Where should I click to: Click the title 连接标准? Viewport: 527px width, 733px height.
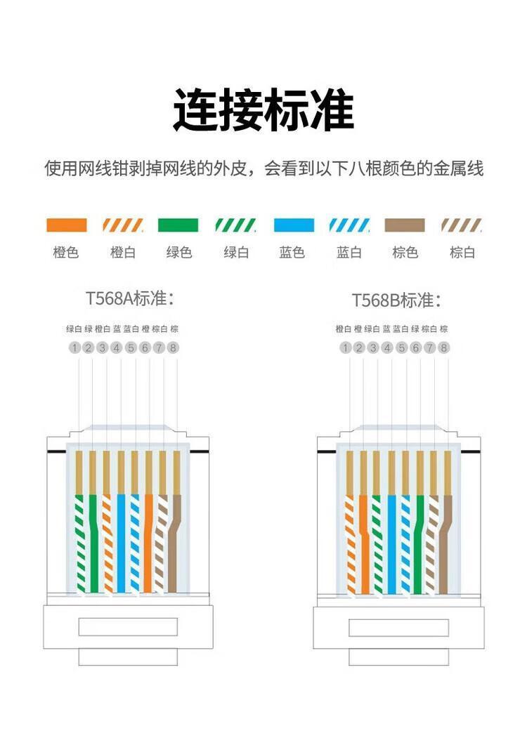tap(263, 110)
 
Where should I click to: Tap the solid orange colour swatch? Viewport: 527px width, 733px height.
tap(67, 225)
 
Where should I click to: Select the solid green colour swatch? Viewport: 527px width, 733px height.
tap(178, 225)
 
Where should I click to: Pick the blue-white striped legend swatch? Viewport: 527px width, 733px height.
tap(349, 225)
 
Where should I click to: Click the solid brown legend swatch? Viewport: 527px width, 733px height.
tap(405, 225)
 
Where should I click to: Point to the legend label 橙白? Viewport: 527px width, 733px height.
tap(123, 253)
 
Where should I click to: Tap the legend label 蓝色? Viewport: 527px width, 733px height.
tap(292, 253)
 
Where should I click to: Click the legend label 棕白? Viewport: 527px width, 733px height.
tap(462, 253)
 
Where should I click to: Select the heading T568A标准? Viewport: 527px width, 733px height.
tap(130, 298)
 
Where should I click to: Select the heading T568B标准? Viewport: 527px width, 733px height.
tap(396, 300)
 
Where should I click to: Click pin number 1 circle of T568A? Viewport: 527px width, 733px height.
tap(74, 348)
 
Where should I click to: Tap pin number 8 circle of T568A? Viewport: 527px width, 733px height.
tap(173, 348)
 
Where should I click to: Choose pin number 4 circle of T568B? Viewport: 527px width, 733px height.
tap(387, 348)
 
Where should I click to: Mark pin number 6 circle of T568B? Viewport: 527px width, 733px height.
tap(415, 348)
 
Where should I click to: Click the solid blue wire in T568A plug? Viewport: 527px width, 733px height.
tap(121, 543)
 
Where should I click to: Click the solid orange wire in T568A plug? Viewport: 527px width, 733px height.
tap(148, 543)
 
